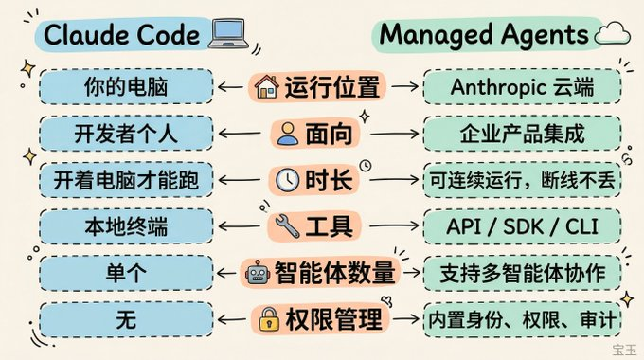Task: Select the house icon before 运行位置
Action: click(266, 87)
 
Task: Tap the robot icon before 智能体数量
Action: click(258, 273)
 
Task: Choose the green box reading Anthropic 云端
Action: click(522, 87)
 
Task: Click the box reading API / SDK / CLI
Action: click(522, 226)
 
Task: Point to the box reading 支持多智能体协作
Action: click(522, 273)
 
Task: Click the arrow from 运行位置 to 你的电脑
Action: click(231, 87)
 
